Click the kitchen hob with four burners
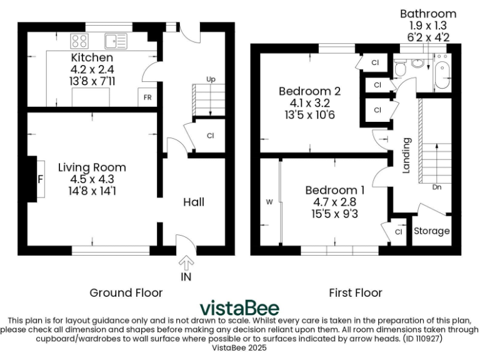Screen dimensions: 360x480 [x=80, y=41]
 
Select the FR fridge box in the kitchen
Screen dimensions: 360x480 [x=147, y=98]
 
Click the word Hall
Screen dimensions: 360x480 [x=194, y=202]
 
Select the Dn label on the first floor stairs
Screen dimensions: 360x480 [x=438, y=186]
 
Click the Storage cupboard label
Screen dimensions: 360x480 [x=432, y=231]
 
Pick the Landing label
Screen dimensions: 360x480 [x=406, y=155]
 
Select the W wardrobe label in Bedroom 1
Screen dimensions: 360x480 [x=270, y=202]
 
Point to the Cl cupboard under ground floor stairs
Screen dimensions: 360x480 [x=210, y=135]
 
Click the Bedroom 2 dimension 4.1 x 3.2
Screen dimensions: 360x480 [x=303, y=104]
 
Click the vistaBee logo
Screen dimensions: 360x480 [x=239, y=308]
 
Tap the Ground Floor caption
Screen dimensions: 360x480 [x=126, y=292]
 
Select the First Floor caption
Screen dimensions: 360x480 [x=356, y=292]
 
